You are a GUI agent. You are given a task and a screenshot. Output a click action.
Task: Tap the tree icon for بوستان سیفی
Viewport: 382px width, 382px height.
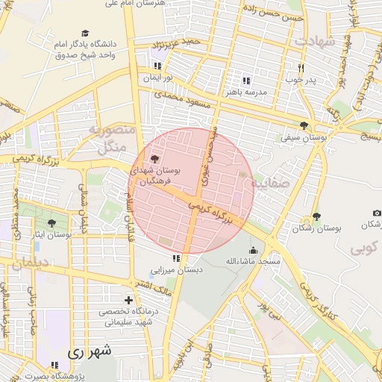tap(303, 125)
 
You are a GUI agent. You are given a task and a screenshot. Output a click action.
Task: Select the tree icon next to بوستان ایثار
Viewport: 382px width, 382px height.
tap(51, 222)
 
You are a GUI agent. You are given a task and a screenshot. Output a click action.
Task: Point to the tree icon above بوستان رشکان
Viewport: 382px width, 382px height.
tap(316, 216)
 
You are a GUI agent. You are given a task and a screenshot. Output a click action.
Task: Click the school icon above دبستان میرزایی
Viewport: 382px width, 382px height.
tap(176, 258)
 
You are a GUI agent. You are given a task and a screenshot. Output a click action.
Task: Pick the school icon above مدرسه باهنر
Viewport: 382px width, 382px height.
tap(245, 81)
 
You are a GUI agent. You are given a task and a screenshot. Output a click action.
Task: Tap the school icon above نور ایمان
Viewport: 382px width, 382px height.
tap(157, 66)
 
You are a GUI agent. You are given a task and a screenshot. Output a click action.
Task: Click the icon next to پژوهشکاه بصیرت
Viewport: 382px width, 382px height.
tap(54, 365)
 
